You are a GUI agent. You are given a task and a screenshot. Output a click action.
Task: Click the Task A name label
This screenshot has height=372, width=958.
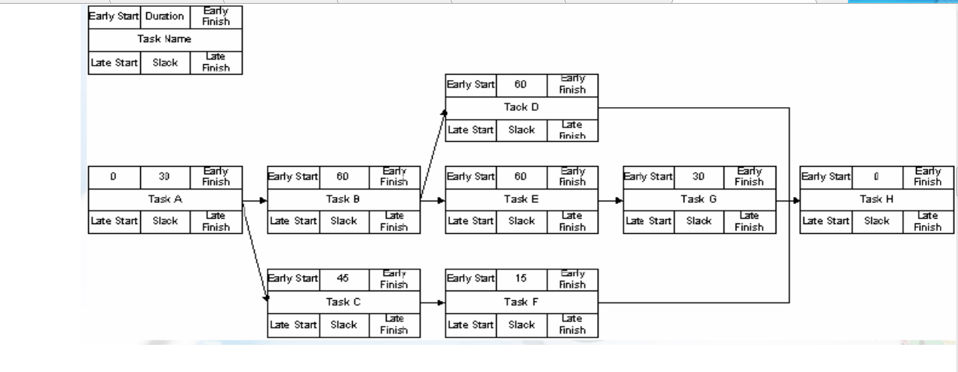165,199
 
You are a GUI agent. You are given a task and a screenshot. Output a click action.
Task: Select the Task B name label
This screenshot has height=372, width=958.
344,199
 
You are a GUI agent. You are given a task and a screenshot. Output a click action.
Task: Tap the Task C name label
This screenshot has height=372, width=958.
344,302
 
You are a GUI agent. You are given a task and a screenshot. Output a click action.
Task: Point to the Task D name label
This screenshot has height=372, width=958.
522,107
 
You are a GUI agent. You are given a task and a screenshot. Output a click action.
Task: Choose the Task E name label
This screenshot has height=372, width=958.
522,199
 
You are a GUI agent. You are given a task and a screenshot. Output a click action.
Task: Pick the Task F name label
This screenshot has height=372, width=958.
522,302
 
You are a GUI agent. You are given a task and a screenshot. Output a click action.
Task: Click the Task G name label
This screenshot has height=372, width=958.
699,199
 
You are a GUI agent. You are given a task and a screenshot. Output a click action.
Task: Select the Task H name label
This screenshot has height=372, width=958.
877,199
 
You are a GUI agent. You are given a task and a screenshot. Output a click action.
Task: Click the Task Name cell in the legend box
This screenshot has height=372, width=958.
165,38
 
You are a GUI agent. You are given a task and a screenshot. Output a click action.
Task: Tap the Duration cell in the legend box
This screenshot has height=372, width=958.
164,17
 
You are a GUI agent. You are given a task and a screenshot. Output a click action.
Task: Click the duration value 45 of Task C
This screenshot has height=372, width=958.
343,278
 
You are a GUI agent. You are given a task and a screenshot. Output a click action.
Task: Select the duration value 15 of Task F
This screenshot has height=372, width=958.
521,278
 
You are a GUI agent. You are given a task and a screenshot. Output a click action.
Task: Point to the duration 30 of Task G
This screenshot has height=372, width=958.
699,177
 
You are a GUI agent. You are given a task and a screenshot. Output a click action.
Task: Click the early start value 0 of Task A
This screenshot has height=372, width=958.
113,177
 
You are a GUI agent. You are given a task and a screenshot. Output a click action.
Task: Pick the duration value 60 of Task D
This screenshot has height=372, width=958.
521,85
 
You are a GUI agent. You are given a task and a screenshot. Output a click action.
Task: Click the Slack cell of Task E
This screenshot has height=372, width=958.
521,222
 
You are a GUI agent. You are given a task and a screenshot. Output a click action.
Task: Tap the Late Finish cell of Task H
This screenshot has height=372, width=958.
927,222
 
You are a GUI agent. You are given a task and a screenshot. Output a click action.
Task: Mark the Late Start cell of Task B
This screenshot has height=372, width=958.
293,222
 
